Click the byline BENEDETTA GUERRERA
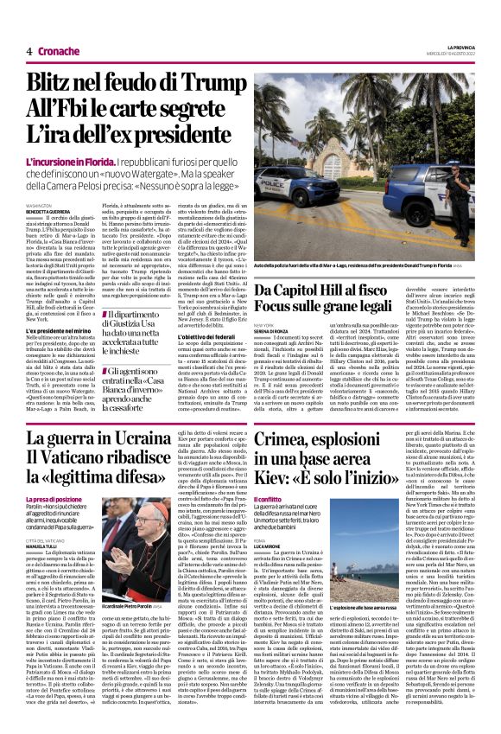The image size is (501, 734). [48, 211]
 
